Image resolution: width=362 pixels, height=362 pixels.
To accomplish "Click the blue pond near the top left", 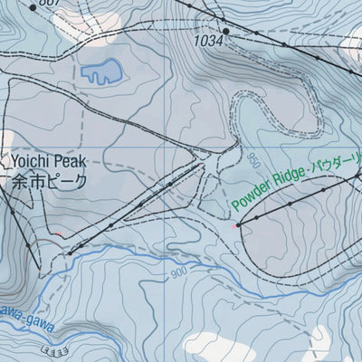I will pyautogui.click(x=100, y=71).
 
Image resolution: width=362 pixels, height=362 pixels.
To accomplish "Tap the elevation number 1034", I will pyautogui.click(x=207, y=41).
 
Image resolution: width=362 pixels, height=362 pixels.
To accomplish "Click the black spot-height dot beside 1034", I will pyautogui.click(x=225, y=32).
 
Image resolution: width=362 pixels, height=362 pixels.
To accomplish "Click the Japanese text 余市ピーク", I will pyautogui.click(x=50, y=181).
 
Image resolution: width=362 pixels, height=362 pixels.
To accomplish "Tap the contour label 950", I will pyautogui.click(x=252, y=164).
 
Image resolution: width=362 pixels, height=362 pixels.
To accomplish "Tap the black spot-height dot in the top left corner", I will pyautogui.click(x=33, y=6).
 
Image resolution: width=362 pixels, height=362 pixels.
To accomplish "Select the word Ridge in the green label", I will pyautogui.click(x=289, y=180).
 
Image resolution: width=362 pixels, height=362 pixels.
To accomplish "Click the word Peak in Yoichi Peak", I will pyautogui.click(x=71, y=161).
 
